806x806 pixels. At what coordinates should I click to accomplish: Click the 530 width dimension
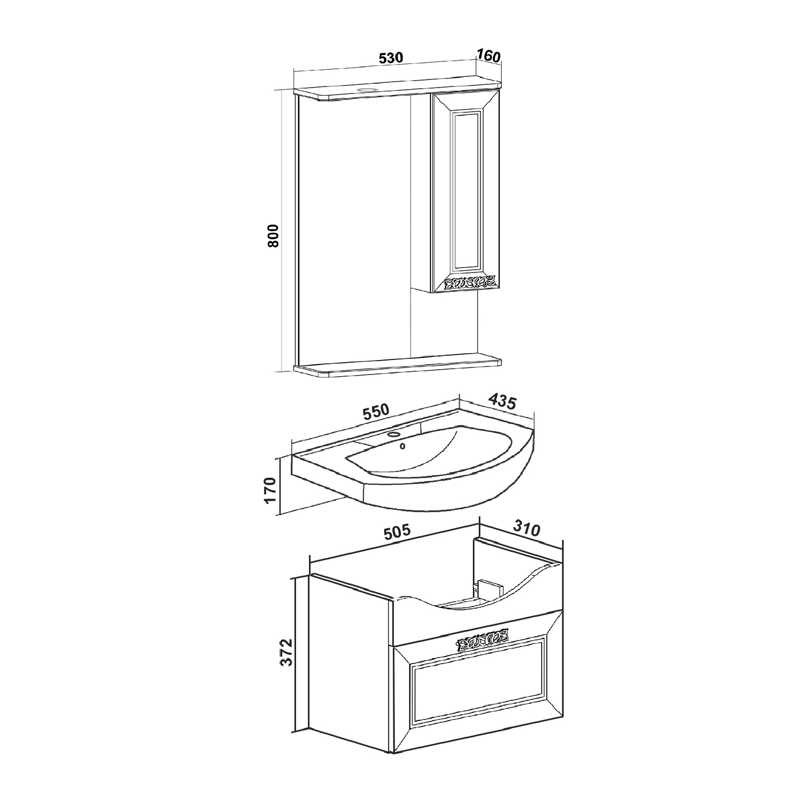391,58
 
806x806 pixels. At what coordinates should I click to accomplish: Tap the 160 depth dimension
488,55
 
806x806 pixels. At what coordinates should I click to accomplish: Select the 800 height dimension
274,235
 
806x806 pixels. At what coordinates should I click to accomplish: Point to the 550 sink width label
375,412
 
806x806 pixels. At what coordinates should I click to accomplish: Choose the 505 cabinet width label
397,532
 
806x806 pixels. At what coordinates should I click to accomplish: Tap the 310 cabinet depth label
526,529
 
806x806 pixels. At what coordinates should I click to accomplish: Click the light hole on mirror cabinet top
368,90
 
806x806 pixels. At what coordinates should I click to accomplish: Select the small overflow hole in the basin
402,445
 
